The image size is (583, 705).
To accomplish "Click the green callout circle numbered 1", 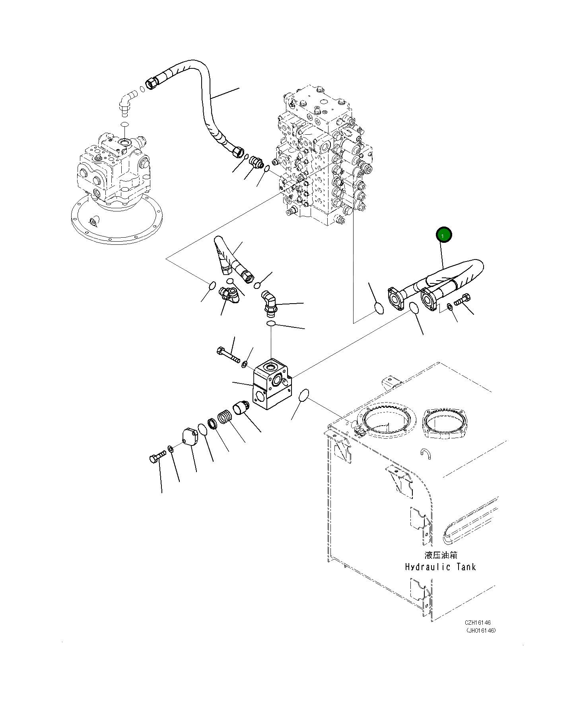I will [x=444, y=235].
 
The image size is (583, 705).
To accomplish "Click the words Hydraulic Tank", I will [x=440, y=567].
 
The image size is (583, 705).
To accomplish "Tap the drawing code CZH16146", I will [x=478, y=623].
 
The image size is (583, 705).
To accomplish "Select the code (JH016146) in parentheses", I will [x=481, y=631].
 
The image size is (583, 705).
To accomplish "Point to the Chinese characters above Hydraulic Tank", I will [x=441, y=555].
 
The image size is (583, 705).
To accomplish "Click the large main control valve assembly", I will [x=322, y=159].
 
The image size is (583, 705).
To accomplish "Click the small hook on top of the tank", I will [x=426, y=453].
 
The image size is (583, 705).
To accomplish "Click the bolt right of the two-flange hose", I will [x=463, y=300].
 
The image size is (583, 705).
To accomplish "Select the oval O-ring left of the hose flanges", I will [x=379, y=308].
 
